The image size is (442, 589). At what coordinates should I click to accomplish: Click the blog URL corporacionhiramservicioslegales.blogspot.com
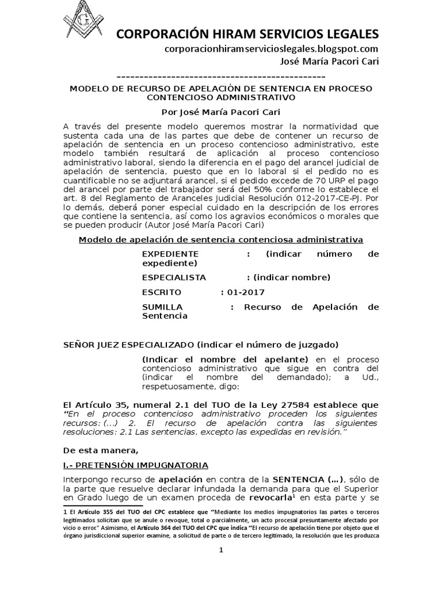tap(271, 49)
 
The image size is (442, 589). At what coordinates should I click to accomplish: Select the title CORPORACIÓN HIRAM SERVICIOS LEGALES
tap(247, 33)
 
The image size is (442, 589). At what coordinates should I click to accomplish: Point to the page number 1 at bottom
tap(220, 550)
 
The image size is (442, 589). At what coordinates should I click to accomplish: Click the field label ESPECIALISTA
tap(174, 277)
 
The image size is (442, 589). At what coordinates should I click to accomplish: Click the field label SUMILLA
tap(162, 307)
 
